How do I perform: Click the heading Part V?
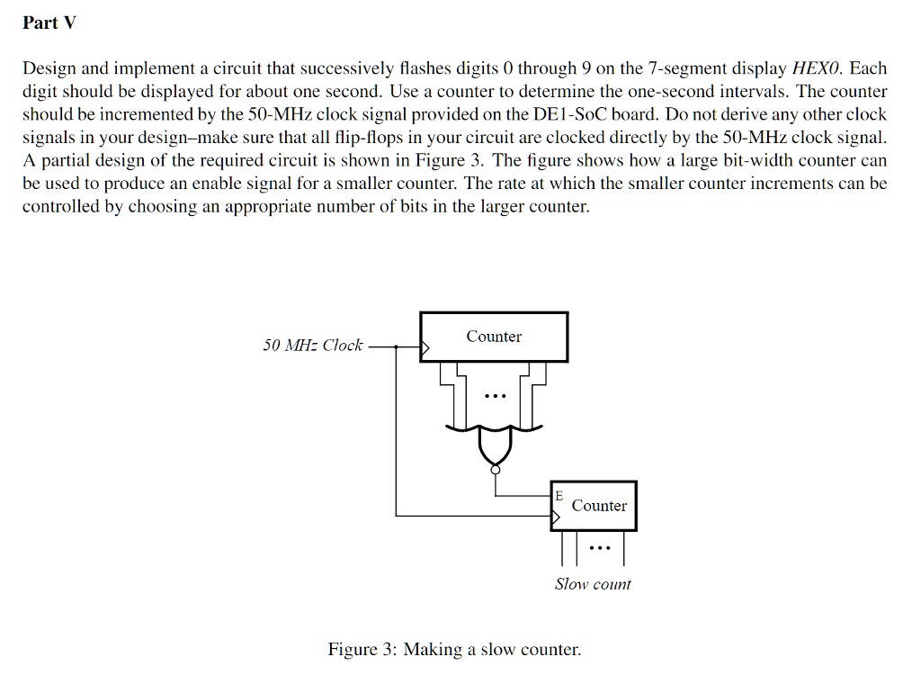(x=49, y=22)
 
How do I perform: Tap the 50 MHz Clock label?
(x=312, y=345)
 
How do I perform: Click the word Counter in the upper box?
(x=494, y=337)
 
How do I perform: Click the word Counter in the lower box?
(x=599, y=506)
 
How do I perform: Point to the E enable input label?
(x=559, y=496)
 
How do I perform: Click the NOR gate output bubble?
(x=496, y=469)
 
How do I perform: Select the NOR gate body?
(x=496, y=444)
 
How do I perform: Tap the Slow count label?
(x=593, y=584)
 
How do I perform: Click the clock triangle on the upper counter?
(x=425, y=348)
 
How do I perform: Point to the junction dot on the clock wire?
(x=396, y=346)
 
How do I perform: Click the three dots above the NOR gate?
(x=496, y=396)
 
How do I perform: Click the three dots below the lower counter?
(x=600, y=548)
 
